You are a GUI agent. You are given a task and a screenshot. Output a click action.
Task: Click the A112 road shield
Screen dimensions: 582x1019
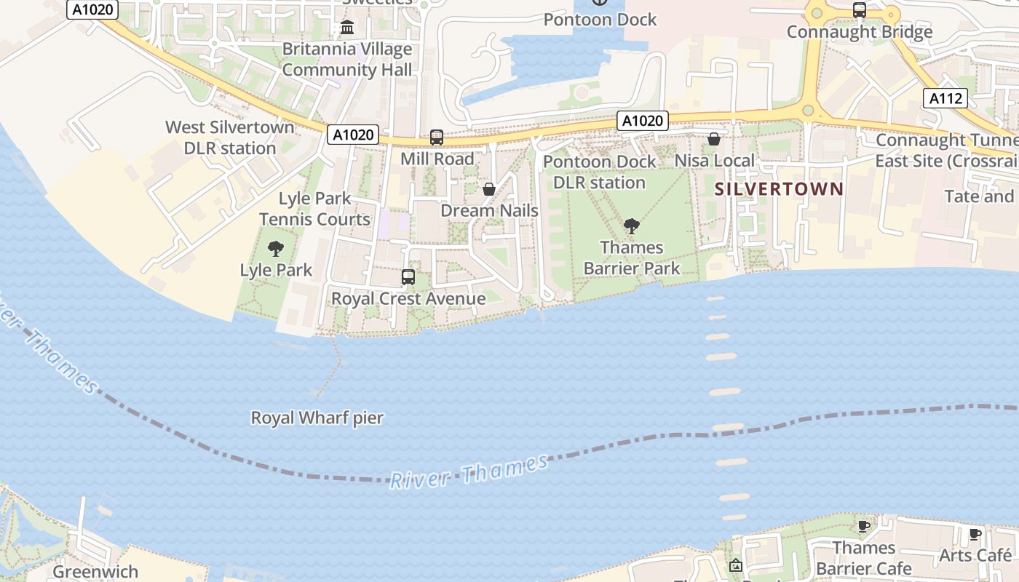point(945,99)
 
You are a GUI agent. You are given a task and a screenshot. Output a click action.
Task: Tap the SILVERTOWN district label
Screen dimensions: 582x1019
point(779,189)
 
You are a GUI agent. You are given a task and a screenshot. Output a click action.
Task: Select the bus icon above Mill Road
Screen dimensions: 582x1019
point(437,137)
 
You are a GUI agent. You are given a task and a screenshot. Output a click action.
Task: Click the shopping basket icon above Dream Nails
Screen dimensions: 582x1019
point(489,189)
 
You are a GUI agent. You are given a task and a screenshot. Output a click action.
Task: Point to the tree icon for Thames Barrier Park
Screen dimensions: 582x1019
point(631,226)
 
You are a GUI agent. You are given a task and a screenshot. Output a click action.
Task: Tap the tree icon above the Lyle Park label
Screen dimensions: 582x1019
point(276,249)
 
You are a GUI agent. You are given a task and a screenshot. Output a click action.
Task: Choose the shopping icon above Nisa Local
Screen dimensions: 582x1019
point(714,139)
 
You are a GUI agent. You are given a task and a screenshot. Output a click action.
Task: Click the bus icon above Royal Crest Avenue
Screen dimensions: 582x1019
point(408,277)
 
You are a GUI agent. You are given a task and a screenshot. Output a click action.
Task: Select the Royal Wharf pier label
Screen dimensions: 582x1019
point(317,418)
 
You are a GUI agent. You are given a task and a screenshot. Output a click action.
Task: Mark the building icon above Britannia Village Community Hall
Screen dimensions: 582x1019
point(347,28)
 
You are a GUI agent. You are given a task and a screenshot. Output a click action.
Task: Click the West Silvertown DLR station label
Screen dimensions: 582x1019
point(230,137)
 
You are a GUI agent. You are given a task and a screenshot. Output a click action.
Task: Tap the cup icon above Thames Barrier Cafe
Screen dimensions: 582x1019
point(863,526)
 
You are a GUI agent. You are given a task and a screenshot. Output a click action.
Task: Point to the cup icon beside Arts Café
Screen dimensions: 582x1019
point(975,535)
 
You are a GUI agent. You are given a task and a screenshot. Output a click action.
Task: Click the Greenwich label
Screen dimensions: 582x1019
point(95,572)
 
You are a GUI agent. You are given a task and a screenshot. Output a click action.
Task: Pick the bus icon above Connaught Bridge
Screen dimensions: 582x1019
point(860,10)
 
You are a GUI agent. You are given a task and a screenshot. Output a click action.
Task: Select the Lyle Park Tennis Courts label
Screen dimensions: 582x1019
point(315,209)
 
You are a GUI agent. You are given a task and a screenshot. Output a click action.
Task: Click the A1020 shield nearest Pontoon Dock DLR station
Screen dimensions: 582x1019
point(641,121)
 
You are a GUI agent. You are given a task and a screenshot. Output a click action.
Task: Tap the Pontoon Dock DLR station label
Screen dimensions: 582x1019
point(600,172)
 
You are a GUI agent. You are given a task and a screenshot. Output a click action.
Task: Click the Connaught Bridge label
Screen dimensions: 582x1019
point(860,32)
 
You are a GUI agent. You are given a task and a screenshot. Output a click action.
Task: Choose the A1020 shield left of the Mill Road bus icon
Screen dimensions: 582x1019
point(353,135)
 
